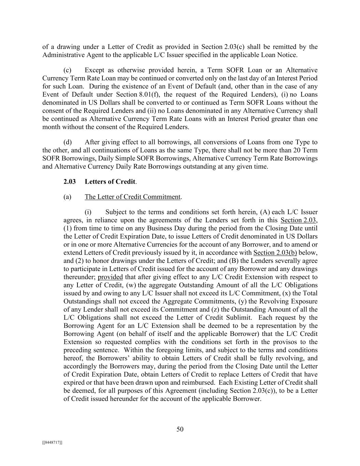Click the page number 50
tap(180, 429)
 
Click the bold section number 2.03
tap(70, 182)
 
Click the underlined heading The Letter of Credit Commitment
tap(132, 197)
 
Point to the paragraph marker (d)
tap(68, 142)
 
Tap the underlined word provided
tap(110, 277)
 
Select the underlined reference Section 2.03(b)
tap(275, 253)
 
